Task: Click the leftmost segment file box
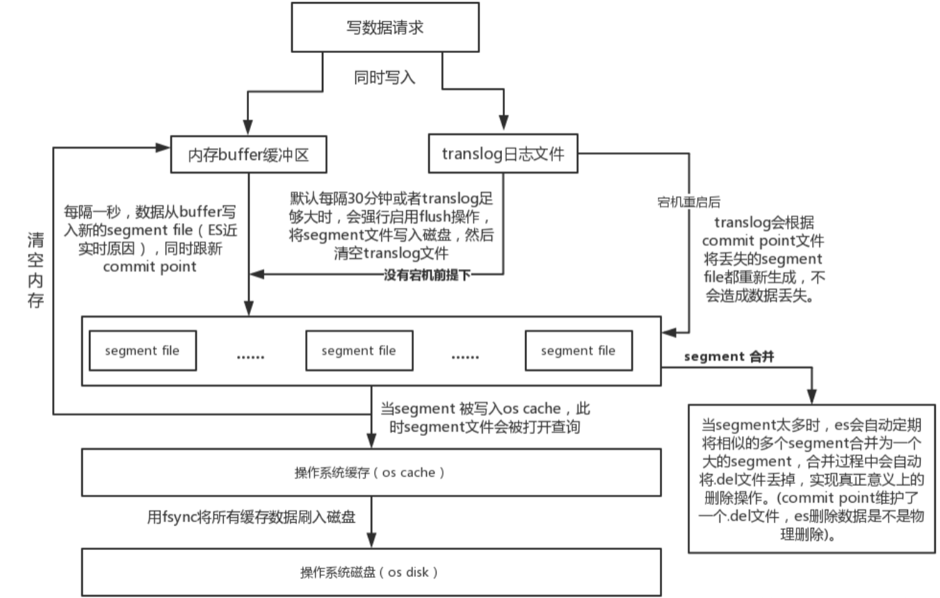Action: coord(142,350)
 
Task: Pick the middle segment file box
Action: coord(359,350)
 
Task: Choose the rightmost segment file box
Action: coord(578,350)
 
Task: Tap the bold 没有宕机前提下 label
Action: coord(428,275)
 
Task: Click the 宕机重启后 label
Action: coord(688,202)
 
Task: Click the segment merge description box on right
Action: coord(811,478)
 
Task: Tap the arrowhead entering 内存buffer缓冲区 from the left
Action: coord(164,147)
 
